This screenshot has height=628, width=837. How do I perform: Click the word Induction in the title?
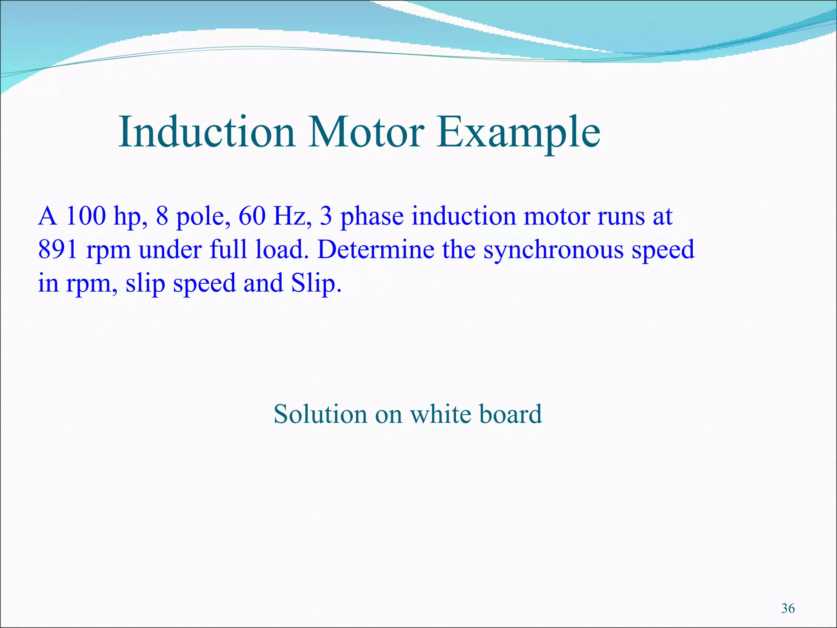(x=206, y=132)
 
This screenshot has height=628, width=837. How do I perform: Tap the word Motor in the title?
(x=366, y=132)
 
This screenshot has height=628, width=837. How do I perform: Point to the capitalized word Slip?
(x=316, y=284)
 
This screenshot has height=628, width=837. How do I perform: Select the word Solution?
(x=320, y=414)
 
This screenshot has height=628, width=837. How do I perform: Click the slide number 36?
(x=788, y=608)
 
